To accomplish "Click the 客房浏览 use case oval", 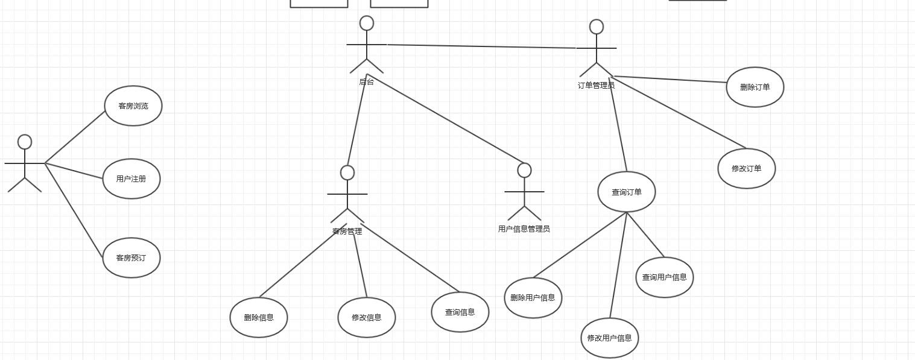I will click(x=133, y=106).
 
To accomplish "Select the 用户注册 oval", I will click(x=131, y=179).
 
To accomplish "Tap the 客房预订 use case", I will click(x=131, y=258).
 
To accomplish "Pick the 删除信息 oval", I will click(x=259, y=318).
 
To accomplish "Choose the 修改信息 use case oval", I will click(x=367, y=318).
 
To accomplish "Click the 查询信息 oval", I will click(x=460, y=312).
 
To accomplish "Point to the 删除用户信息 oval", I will click(x=533, y=298).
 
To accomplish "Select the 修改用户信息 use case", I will click(x=610, y=338).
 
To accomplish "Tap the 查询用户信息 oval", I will click(x=665, y=277).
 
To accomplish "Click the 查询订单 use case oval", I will click(x=627, y=192).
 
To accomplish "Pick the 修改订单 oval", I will click(x=747, y=169).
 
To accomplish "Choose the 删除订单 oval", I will click(x=755, y=87).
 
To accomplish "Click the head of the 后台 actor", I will click(x=367, y=24).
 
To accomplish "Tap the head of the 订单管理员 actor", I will click(x=597, y=27).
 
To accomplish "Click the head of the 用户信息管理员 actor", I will click(x=525, y=171).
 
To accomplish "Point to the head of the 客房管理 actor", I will click(x=347, y=173).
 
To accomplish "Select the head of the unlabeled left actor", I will click(x=25, y=142).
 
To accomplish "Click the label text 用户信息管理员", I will click(x=524, y=229).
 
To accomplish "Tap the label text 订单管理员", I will click(x=597, y=86).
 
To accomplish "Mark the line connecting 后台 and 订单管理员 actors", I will click(x=483, y=46).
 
